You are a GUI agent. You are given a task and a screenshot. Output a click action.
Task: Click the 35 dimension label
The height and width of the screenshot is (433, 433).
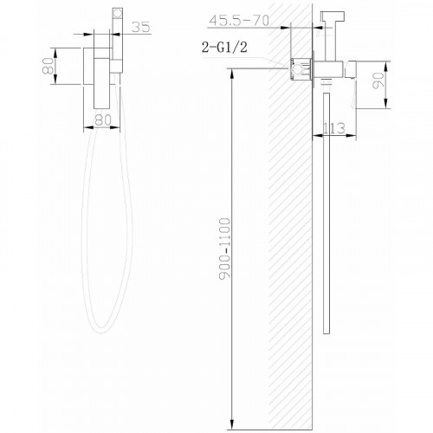[141, 27]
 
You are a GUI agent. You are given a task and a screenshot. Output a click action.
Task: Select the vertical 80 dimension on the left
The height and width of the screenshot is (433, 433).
[48, 66]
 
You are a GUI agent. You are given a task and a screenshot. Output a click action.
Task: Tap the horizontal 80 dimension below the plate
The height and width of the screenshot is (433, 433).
[102, 120]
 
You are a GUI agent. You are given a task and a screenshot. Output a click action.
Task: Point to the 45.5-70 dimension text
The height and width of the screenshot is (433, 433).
[239, 20]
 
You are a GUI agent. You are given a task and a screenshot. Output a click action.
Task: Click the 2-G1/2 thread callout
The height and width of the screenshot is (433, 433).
[224, 47]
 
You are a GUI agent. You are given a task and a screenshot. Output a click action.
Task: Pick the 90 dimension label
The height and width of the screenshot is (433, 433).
[378, 81]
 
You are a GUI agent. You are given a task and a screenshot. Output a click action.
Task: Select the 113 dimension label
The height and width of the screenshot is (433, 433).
[334, 128]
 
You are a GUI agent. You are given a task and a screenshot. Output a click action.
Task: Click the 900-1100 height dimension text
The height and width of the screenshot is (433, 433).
[224, 249]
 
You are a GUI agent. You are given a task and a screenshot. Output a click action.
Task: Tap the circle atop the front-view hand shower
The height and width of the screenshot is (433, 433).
[118, 13]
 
